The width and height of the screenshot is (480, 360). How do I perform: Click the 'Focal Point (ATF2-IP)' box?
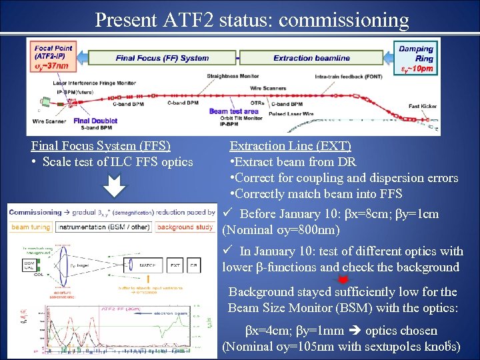[x=53, y=57]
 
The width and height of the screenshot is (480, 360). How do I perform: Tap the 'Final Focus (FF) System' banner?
[x=162, y=58]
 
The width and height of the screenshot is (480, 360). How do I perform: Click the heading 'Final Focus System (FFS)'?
[x=101, y=145]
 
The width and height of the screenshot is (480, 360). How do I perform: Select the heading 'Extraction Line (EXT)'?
[x=290, y=145]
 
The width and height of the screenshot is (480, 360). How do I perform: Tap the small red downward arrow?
[x=344, y=279]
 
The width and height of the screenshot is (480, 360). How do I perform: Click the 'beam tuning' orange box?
[x=29, y=227]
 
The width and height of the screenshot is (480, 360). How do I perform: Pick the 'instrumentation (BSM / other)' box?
[x=103, y=227]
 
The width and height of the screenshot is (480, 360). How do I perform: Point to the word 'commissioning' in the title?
[x=344, y=20]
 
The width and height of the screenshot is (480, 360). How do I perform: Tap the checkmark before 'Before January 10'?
[x=227, y=213]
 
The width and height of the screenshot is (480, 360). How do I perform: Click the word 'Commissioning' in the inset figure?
[x=35, y=212]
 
